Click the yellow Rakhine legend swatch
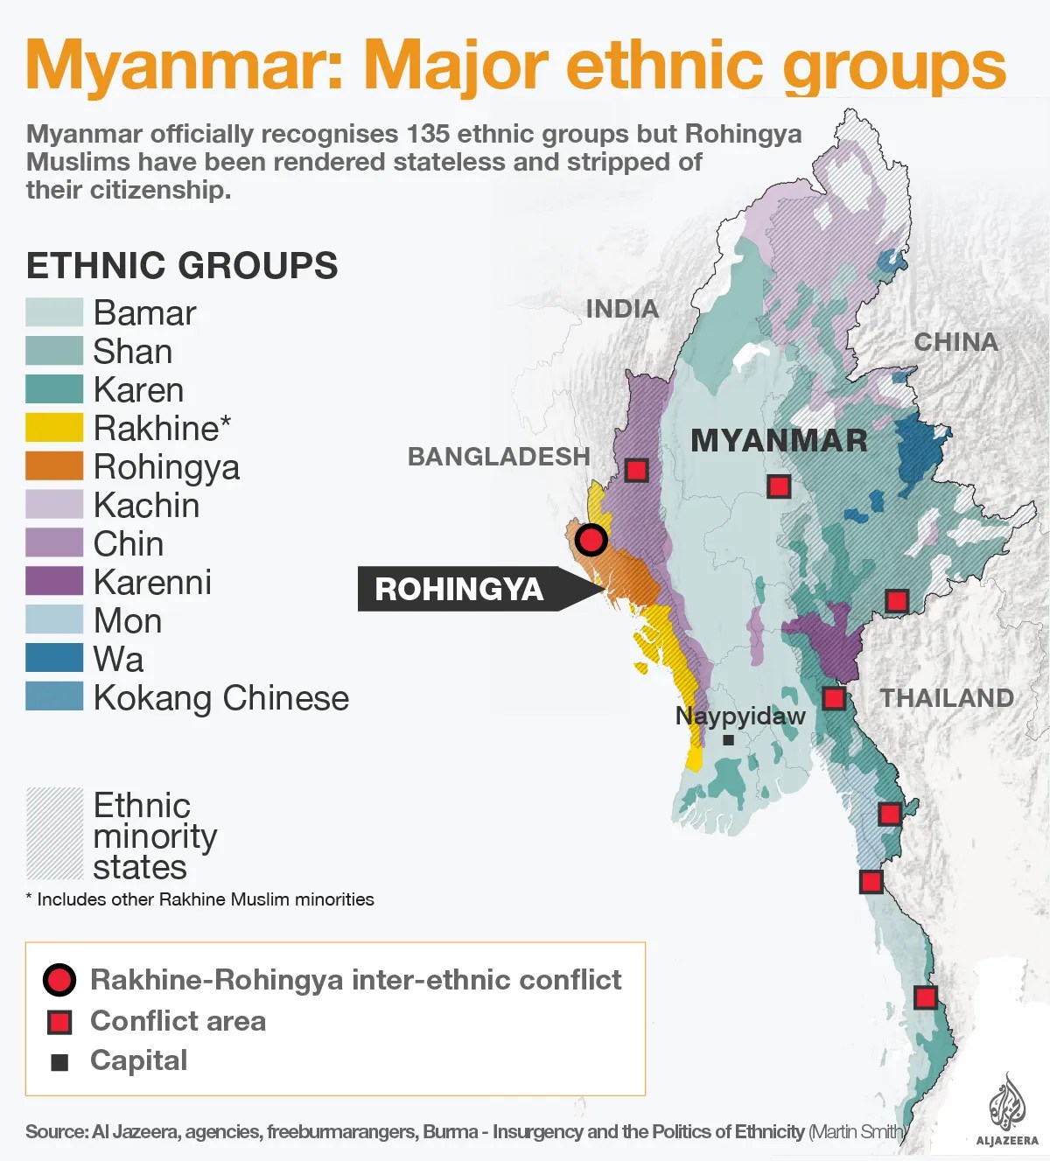click(54, 428)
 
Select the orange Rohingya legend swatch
click(54, 466)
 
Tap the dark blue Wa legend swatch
click(54, 659)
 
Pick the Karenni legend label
click(152, 583)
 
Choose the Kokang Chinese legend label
click(220, 698)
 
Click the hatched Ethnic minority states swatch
click(54, 834)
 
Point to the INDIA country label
click(622, 309)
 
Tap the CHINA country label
click(955, 342)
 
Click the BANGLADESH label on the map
click(499, 457)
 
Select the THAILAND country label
click(947, 698)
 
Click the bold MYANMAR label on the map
click(779, 441)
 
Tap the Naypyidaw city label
click(740, 717)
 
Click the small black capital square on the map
click(728, 740)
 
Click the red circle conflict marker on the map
click(591, 540)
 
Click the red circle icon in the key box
click(59, 980)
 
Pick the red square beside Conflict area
click(59, 1022)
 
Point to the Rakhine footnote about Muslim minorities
click(200, 899)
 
